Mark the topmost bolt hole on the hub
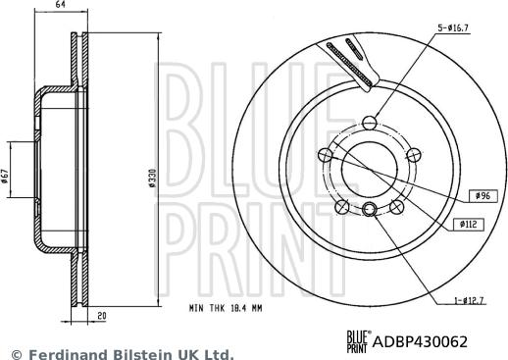368,122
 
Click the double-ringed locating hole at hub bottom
369,208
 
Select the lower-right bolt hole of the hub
396,207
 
